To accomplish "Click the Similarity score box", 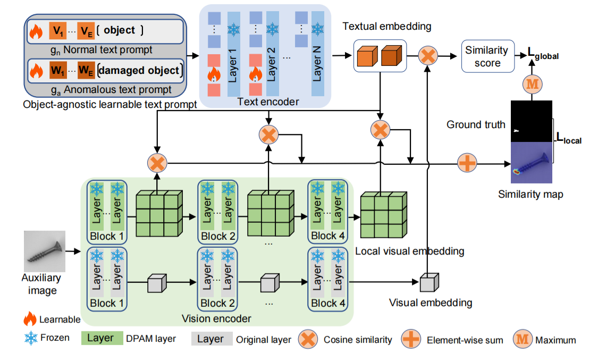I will (487, 56).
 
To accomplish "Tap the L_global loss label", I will (543, 54).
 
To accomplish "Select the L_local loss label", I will (568, 140).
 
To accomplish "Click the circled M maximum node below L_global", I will (532, 84).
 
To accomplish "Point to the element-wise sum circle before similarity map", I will (467, 163).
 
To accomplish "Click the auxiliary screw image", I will (45, 251).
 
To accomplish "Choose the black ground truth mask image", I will (532, 121).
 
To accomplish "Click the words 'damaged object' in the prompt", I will (139, 70).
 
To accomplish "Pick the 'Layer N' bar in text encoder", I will (317, 53).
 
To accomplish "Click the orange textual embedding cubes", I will (379, 57).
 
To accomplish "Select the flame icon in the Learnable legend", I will (30, 319).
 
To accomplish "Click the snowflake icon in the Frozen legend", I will (30, 337).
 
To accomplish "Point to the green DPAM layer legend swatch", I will (100, 338).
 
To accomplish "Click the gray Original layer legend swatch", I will (211, 339).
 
